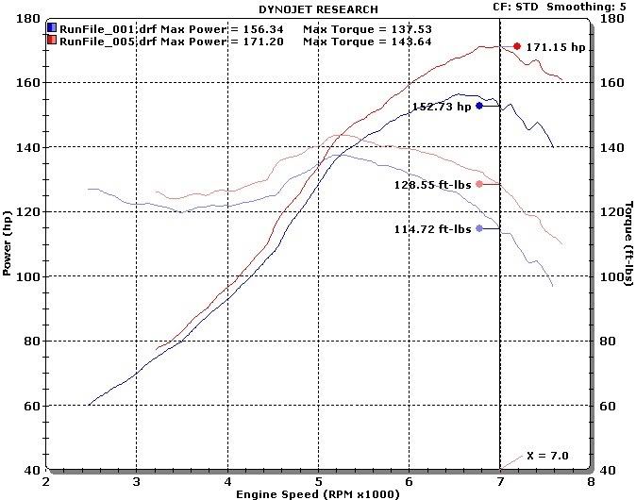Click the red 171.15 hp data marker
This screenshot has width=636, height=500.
click(x=516, y=46)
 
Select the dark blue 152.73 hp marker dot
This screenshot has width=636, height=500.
click(x=479, y=106)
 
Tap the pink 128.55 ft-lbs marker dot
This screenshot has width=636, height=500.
click(x=479, y=184)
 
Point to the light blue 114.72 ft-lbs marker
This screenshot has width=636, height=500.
click(x=479, y=228)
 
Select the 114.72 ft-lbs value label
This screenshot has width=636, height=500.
click(x=432, y=229)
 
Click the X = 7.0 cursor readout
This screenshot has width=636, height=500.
click(x=547, y=456)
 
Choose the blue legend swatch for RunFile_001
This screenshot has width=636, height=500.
click(x=52, y=28)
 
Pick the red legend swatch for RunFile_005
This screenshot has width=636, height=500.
click(x=52, y=41)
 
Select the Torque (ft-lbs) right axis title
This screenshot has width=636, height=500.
click(x=628, y=243)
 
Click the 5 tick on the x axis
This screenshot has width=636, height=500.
click(x=319, y=480)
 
